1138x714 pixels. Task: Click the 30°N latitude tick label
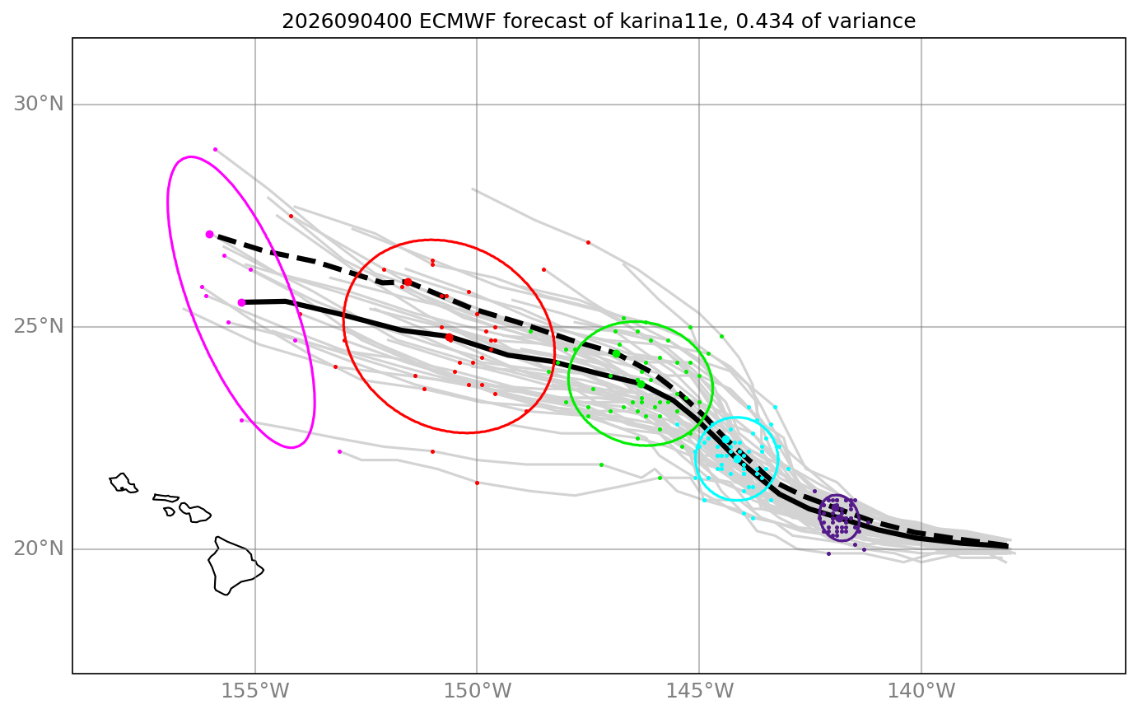point(38,105)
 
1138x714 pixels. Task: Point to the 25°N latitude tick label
point(38,326)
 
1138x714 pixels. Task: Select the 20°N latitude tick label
point(38,548)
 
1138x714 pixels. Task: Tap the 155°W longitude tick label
point(255,691)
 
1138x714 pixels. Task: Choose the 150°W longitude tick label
point(477,691)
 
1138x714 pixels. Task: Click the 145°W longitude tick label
point(699,691)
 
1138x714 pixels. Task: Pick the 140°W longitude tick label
point(921,691)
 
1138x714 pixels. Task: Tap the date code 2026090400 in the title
point(347,21)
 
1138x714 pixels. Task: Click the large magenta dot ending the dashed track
point(209,234)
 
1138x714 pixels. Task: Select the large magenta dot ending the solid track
point(242,302)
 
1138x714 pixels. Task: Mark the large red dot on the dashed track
point(408,282)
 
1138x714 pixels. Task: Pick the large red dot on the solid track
point(449,338)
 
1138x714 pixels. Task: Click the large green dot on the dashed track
point(616,353)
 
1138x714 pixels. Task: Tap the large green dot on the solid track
point(641,384)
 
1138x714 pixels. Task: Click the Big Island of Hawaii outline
point(235,565)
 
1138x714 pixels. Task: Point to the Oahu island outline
point(123,483)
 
